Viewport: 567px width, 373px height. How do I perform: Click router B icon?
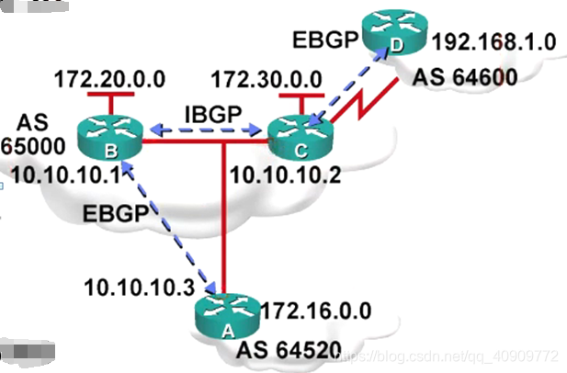point(108,135)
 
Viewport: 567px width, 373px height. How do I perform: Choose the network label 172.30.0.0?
point(266,78)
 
